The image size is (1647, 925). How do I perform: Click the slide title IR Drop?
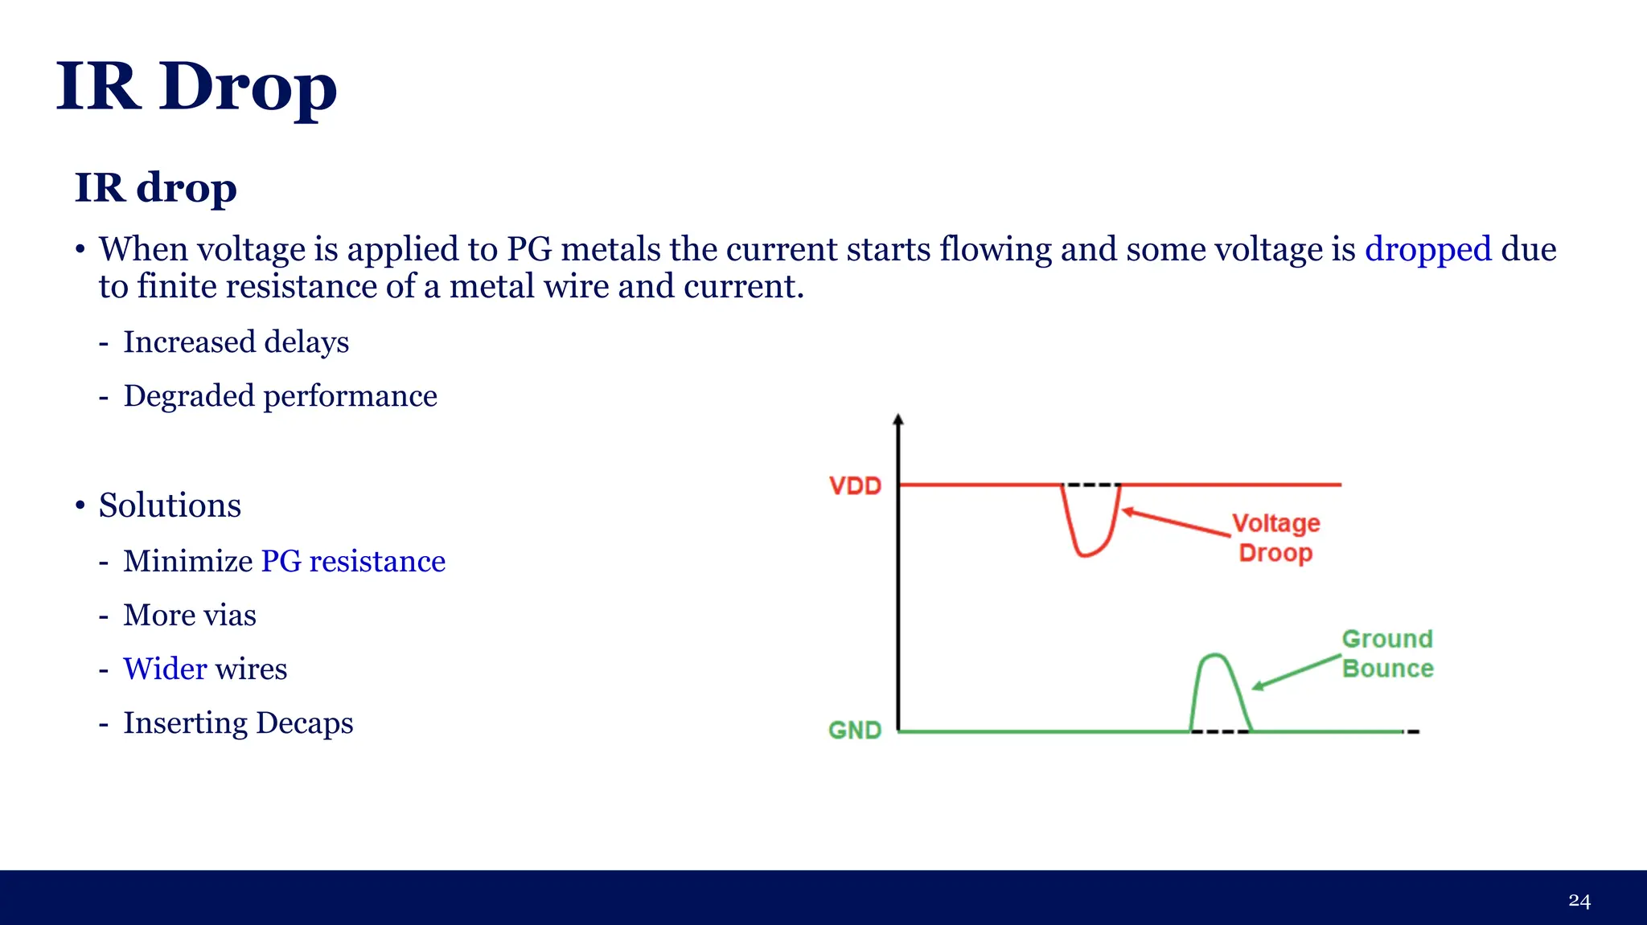[x=196, y=87]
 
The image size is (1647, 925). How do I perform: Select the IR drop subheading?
[x=155, y=187]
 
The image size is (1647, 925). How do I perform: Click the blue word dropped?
[x=1427, y=249]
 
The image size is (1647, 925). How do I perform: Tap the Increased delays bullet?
[x=236, y=342]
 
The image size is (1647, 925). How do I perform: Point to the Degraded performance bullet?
[x=280, y=396]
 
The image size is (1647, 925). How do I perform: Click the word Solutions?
[x=170, y=505]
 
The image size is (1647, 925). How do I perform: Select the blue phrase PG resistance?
[x=353, y=561]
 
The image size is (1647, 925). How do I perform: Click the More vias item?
[x=190, y=615]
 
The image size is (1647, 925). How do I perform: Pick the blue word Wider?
[x=165, y=669]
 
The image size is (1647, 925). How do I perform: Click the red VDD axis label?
[x=855, y=486]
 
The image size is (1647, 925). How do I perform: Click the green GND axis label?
[x=855, y=731]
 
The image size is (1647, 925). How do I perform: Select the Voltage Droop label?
[x=1276, y=538]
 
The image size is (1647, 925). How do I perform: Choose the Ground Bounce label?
[x=1387, y=653]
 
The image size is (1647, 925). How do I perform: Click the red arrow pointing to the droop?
[x=1176, y=522]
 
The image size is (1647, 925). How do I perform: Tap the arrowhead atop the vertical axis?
[x=898, y=420]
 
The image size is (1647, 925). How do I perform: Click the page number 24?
[x=1579, y=901]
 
